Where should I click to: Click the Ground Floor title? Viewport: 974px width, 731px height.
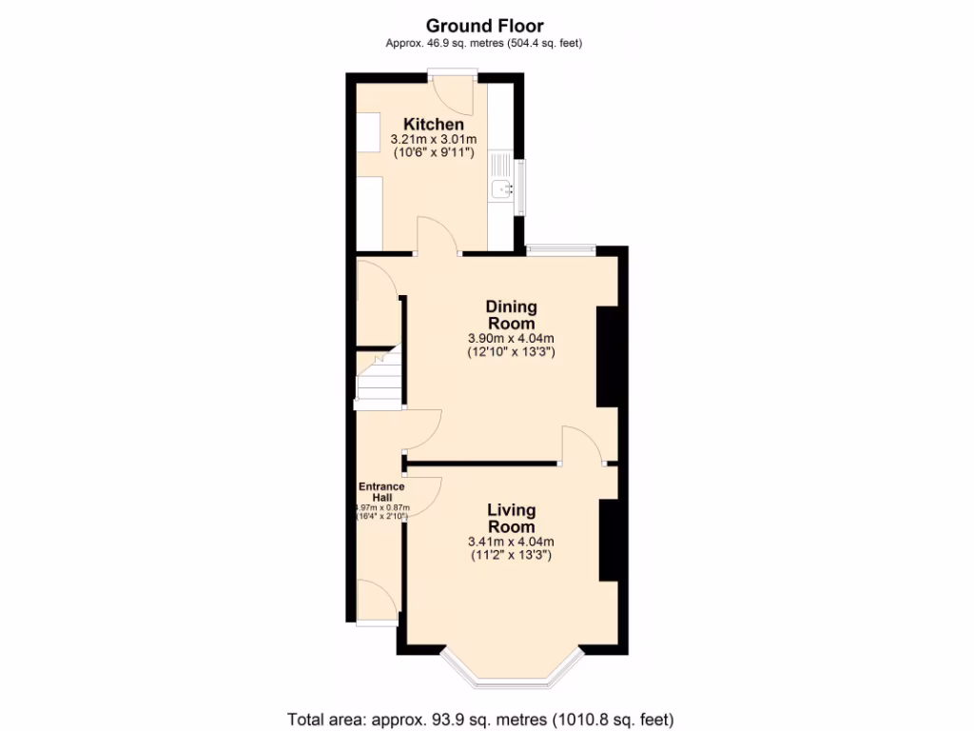tap(485, 26)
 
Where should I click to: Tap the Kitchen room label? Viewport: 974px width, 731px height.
tap(434, 125)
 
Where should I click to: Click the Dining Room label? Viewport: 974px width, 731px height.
tap(511, 315)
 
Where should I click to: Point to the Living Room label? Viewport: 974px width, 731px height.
tap(511, 519)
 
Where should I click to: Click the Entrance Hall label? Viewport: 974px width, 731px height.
tap(380, 492)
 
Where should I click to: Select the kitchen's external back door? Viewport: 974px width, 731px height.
tap(451, 90)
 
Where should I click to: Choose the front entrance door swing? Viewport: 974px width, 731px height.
tap(378, 602)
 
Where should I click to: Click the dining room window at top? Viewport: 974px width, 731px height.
tap(561, 250)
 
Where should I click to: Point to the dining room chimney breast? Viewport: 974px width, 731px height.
tap(607, 357)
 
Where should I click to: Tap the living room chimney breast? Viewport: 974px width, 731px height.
tap(608, 540)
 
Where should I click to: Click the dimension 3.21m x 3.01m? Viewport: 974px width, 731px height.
tap(434, 140)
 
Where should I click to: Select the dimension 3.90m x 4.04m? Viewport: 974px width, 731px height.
tap(511, 339)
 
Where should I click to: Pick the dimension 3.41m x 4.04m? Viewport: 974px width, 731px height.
tap(511, 543)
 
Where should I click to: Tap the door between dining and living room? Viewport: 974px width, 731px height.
tap(582, 445)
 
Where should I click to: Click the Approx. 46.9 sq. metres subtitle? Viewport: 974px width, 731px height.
tap(483, 43)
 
